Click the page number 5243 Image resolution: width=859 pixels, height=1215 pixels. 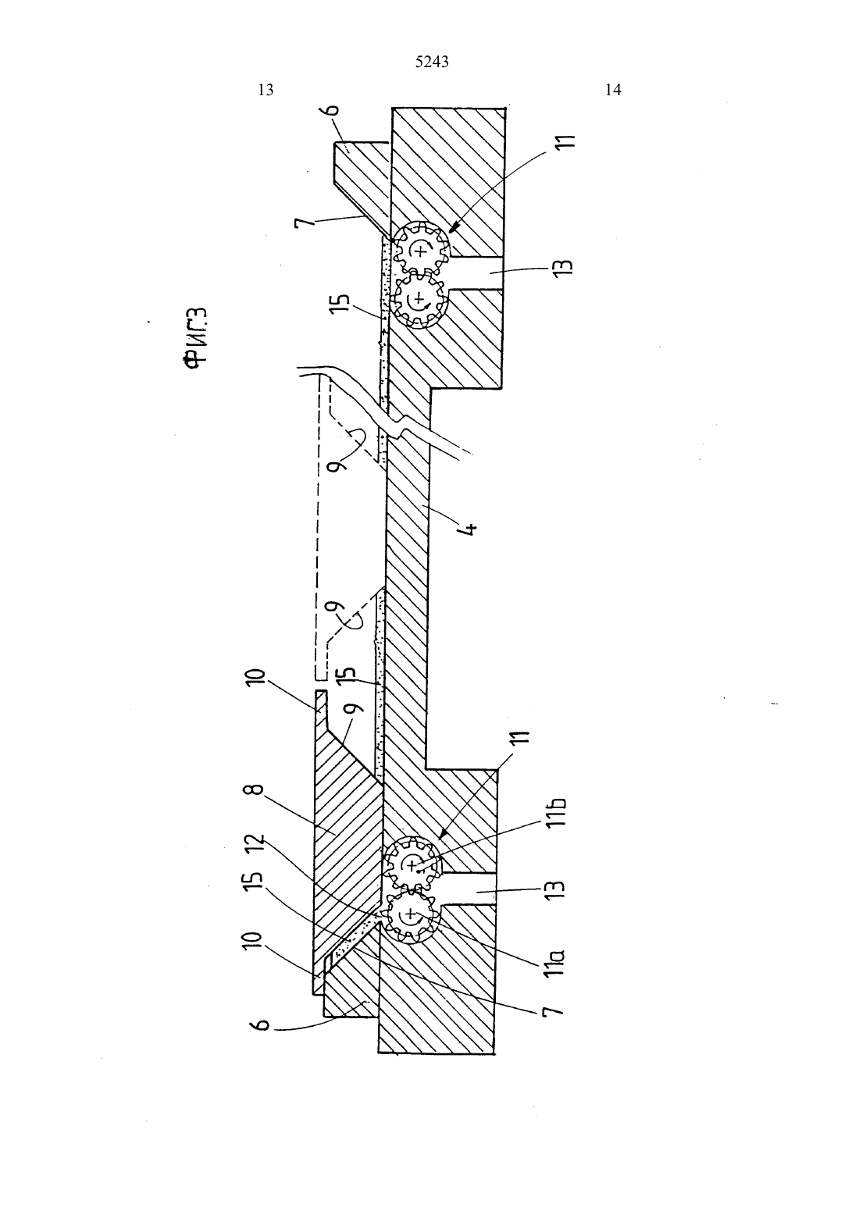(432, 62)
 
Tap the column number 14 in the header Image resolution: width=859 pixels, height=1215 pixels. (613, 90)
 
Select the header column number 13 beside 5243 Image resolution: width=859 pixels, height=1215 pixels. (266, 90)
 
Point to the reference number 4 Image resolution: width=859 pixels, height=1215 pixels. (471, 528)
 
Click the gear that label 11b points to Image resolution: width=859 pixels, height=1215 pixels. (413, 863)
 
